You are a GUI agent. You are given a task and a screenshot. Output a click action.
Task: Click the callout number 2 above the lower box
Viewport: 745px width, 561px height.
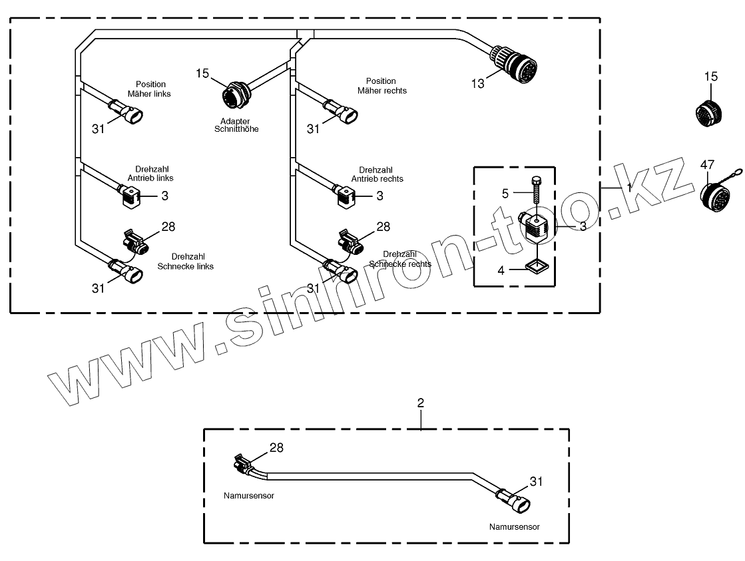(420, 403)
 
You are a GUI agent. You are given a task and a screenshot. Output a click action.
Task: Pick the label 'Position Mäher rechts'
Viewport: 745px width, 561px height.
(381, 86)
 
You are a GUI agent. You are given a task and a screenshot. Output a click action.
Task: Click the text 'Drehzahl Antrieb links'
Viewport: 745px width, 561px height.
(150, 174)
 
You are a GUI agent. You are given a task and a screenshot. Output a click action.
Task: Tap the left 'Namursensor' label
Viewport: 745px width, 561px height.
(249, 496)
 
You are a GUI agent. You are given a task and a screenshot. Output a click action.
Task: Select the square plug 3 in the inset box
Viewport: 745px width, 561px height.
(537, 228)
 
